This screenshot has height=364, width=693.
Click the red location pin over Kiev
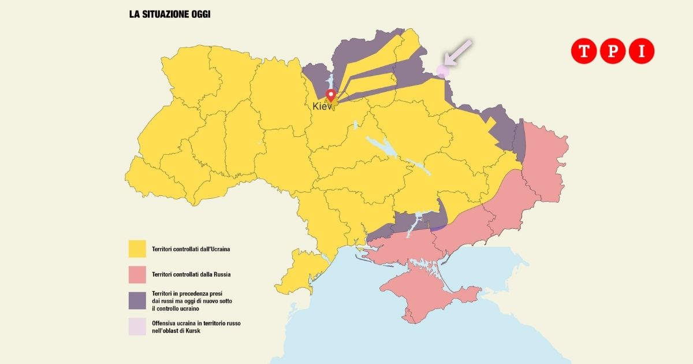pos(330,96)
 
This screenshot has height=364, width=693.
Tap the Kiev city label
pos(322,106)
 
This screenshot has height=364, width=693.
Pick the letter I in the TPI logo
pos(642,51)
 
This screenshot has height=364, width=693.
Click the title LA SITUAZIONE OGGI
pos(169,14)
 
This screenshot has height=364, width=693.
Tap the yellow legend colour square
pos(137,249)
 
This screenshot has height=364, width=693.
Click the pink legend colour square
pos(137,274)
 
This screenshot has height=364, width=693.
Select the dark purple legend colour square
pos(137,300)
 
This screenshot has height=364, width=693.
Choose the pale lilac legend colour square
pos(137,326)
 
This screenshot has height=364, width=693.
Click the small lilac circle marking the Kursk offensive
pos(442,71)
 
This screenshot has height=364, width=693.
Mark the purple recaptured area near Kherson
pos(404,222)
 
